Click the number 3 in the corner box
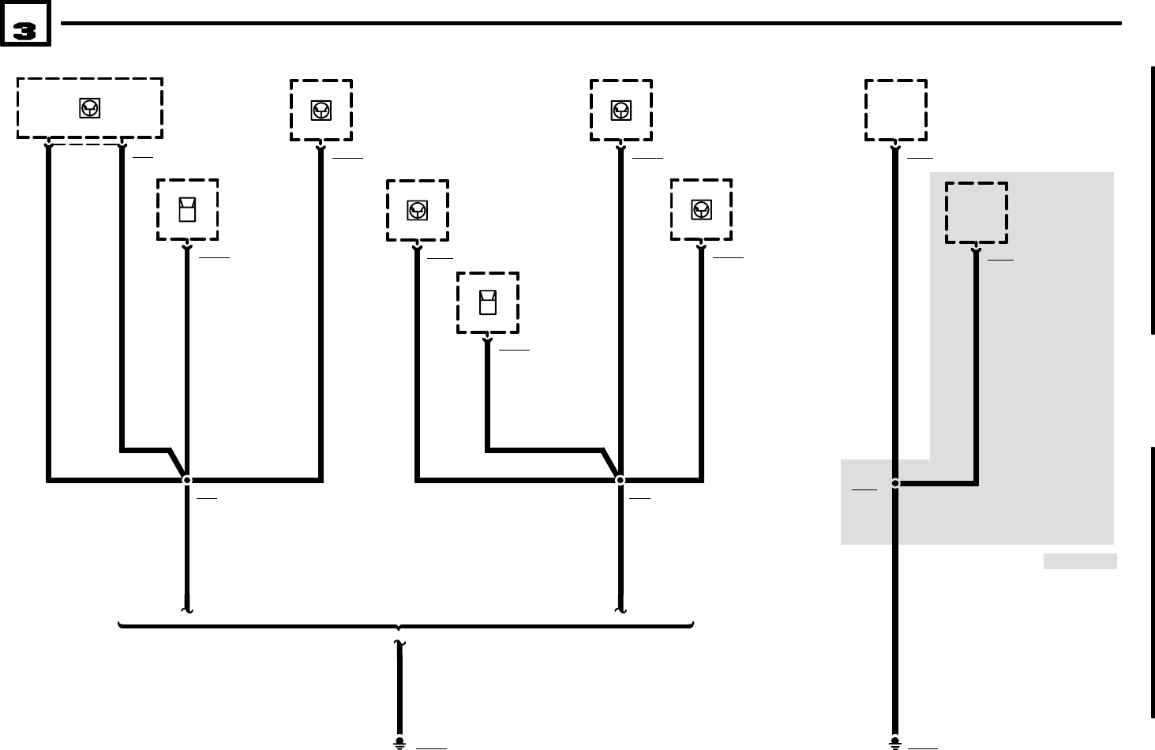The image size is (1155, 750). (x=24, y=32)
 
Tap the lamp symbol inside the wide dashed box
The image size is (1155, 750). (x=90, y=109)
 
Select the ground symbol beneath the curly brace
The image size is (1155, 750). (x=399, y=742)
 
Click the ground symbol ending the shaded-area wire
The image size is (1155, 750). (x=895, y=742)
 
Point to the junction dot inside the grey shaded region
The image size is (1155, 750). (x=895, y=482)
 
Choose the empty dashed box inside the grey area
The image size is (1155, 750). (x=976, y=212)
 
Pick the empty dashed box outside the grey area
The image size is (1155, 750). (x=895, y=110)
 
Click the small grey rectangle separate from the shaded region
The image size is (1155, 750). (x=1079, y=561)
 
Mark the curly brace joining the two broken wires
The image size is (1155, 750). (x=406, y=626)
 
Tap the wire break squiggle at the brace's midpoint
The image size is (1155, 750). (x=399, y=645)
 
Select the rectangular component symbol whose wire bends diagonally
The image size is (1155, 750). (x=488, y=302)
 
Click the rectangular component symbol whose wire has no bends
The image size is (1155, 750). (x=187, y=210)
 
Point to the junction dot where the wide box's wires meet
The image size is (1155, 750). (x=187, y=480)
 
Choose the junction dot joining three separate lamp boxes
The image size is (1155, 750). (x=620, y=480)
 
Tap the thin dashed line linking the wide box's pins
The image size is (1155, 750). (x=85, y=144)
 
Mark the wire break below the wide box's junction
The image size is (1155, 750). (x=187, y=609)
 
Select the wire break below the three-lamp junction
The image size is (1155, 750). (x=620, y=609)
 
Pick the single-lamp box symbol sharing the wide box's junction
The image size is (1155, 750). (x=321, y=111)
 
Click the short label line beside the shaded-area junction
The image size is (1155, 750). (x=864, y=490)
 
